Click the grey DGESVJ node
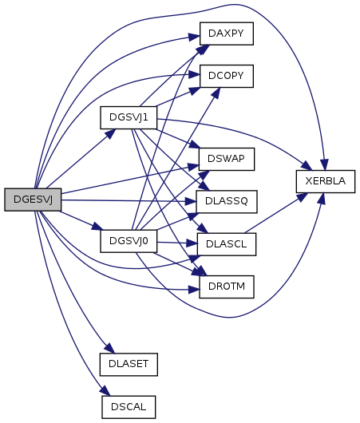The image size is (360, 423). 33,200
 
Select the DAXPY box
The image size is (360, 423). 227,34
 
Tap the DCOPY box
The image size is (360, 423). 227,76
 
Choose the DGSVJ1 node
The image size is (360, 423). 129,117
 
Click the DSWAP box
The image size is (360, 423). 227,159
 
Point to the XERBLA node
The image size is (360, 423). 326,181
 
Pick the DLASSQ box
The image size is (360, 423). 227,201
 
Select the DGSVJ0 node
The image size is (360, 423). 129,241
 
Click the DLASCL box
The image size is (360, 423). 227,244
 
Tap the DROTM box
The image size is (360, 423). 227,287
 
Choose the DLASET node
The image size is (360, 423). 129,365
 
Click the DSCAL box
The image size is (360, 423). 129,407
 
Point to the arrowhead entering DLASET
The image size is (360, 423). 110,348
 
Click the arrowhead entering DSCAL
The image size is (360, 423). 105,391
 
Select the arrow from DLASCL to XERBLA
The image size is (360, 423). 276,213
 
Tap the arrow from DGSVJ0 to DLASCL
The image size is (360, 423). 177,243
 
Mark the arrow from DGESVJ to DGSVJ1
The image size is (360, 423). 81,159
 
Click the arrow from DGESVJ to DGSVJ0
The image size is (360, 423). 81,220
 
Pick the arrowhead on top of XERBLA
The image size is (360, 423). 325,164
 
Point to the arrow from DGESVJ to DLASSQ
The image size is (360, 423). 129,200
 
